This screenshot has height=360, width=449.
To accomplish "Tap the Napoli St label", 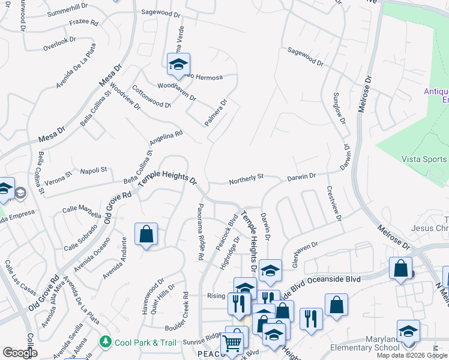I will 93,170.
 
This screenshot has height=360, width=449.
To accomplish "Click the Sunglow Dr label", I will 340,107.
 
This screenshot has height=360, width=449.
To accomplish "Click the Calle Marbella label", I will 82,210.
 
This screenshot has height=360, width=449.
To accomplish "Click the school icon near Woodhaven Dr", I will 178,65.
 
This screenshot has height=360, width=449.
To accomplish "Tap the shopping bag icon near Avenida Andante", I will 146,234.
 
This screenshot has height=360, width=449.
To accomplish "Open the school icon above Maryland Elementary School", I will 408,332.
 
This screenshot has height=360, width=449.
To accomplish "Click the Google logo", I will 20,353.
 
